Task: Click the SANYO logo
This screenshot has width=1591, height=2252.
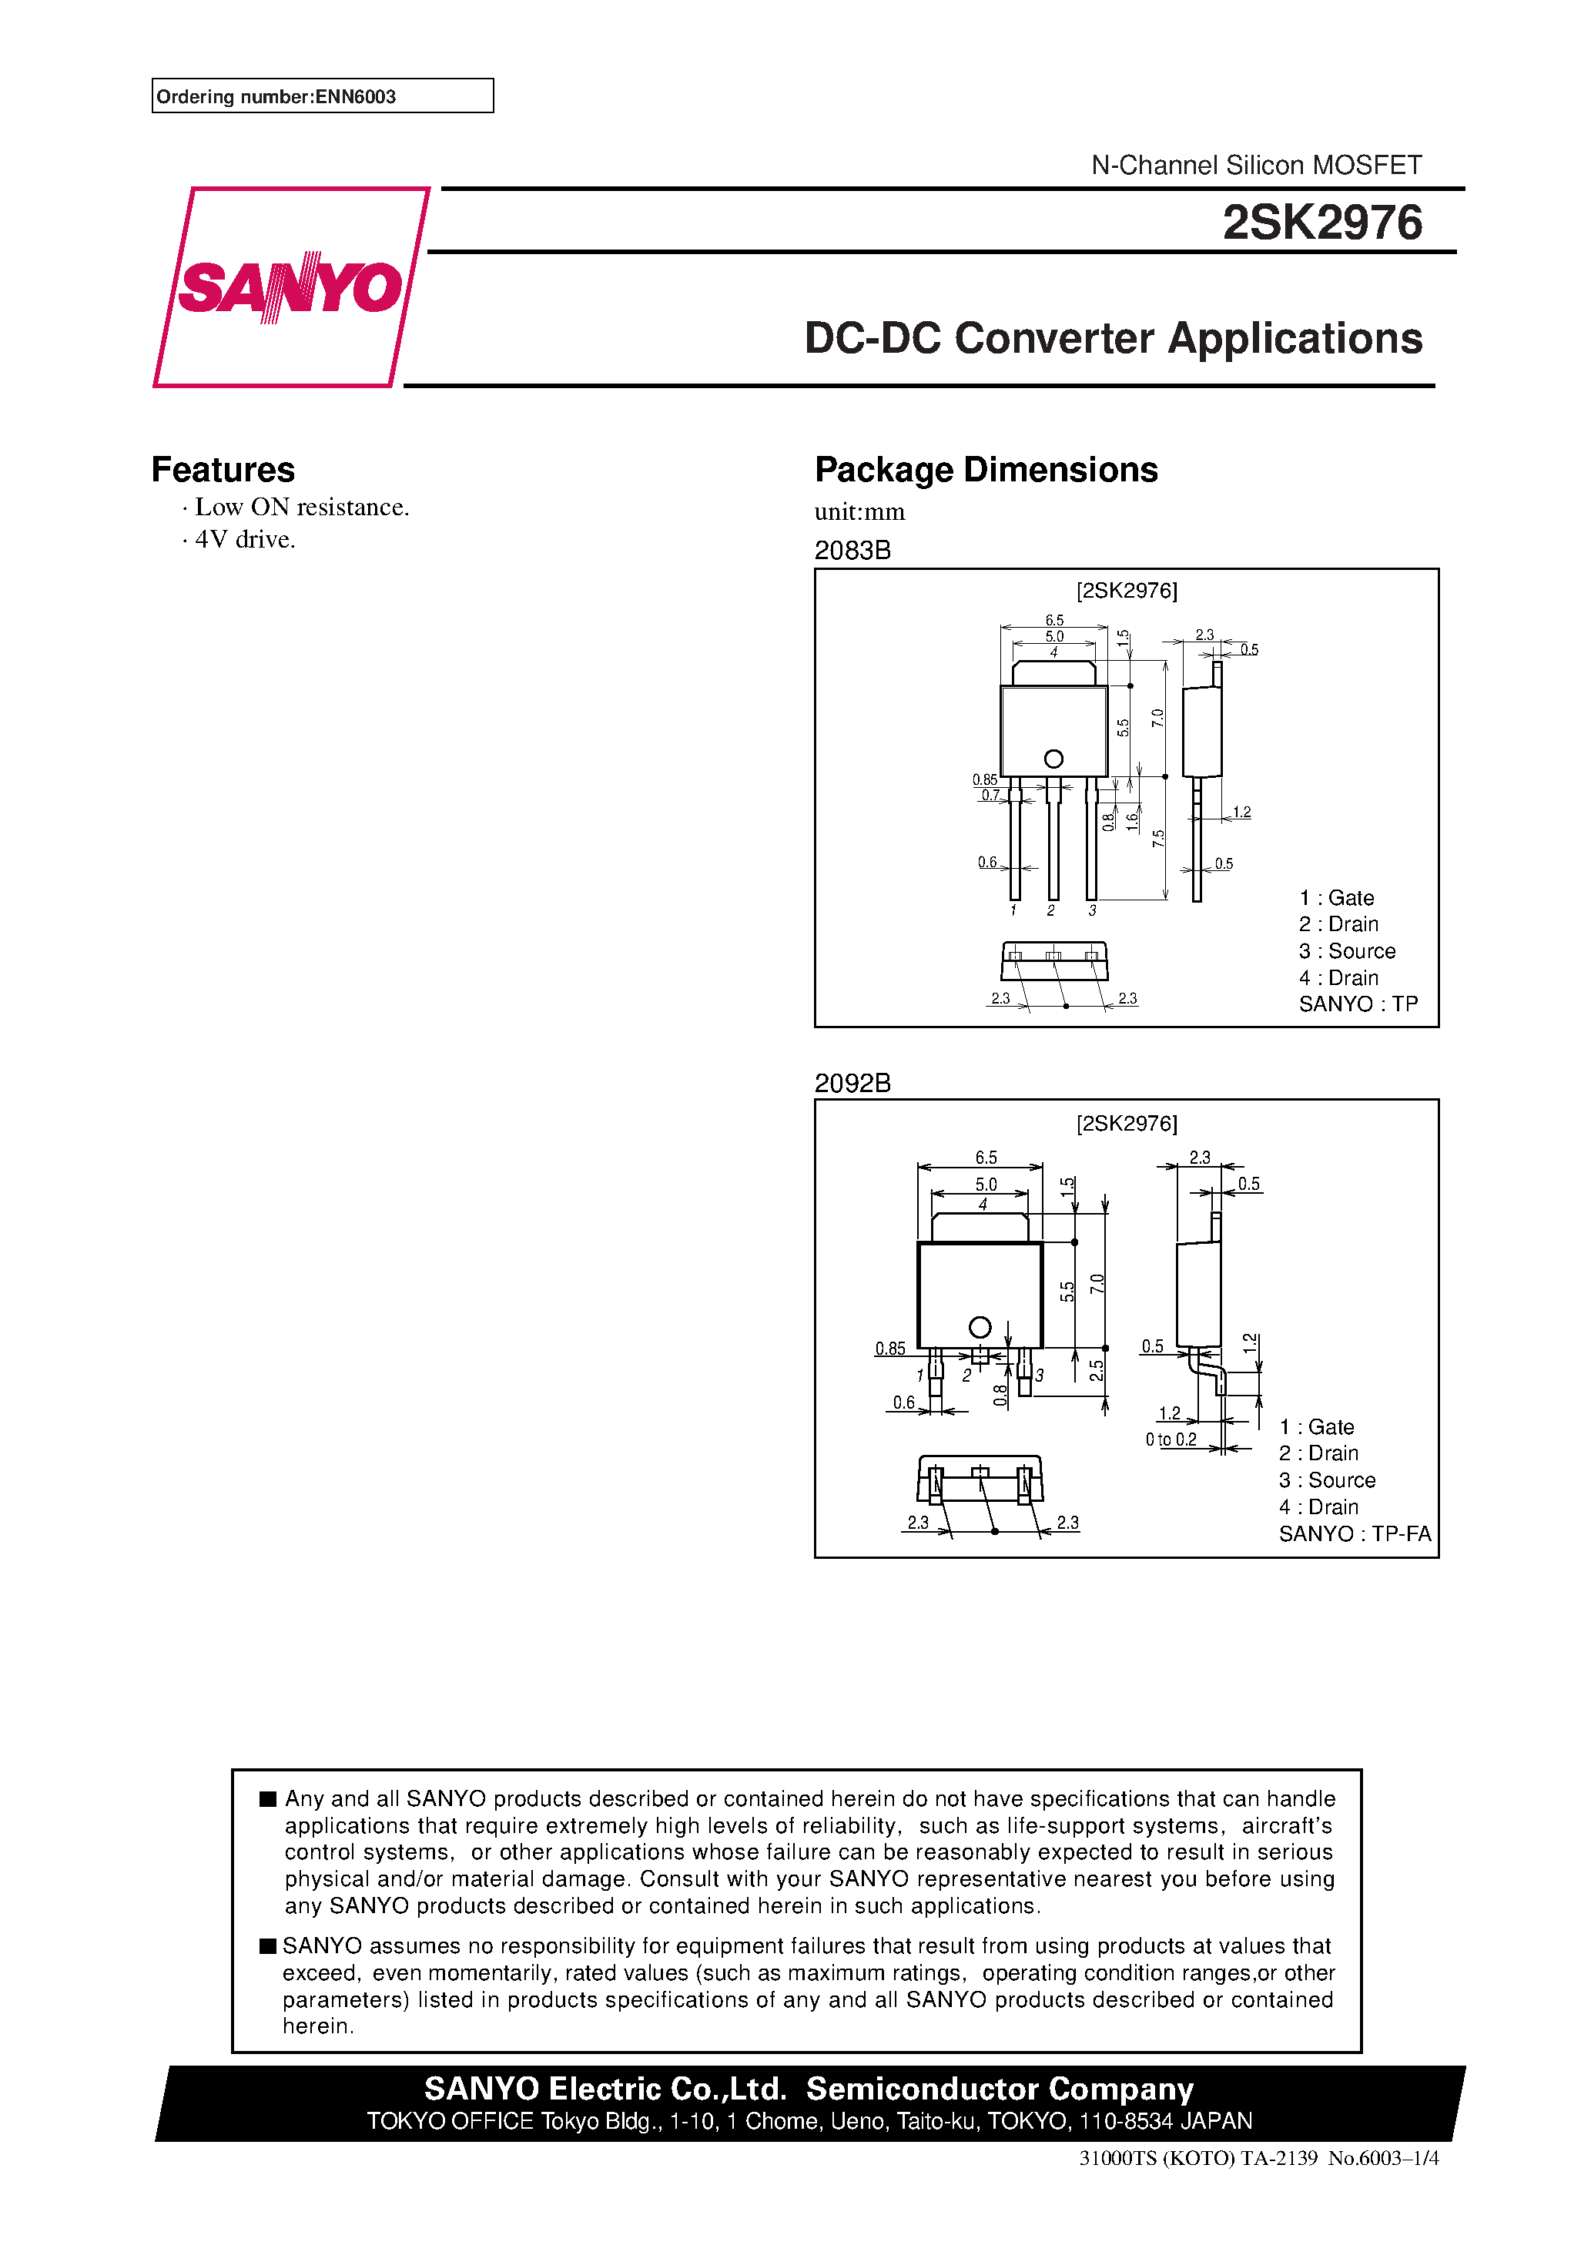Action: [290, 287]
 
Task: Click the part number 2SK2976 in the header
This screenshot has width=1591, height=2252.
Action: [1321, 223]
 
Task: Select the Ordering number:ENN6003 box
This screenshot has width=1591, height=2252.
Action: [322, 96]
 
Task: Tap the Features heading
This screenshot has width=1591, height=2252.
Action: [223, 470]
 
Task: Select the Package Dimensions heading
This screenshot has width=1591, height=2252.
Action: [986, 470]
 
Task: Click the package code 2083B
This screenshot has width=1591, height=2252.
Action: [852, 550]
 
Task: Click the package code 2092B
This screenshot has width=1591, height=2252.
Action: [852, 1083]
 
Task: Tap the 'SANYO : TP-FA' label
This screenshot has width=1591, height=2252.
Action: [1354, 1533]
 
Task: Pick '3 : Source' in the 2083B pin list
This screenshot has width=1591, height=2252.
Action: [1346, 950]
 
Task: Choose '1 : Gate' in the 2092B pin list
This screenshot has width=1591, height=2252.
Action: [1315, 1426]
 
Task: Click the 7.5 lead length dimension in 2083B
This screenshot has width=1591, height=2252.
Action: [1158, 839]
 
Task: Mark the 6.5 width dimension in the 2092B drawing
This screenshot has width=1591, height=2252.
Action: [985, 1158]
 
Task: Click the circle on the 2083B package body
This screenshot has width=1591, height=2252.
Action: [1053, 758]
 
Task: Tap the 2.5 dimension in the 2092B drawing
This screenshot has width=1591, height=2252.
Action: [1096, 1370]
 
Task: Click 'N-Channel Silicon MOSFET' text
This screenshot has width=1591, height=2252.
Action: [1255, 165]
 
